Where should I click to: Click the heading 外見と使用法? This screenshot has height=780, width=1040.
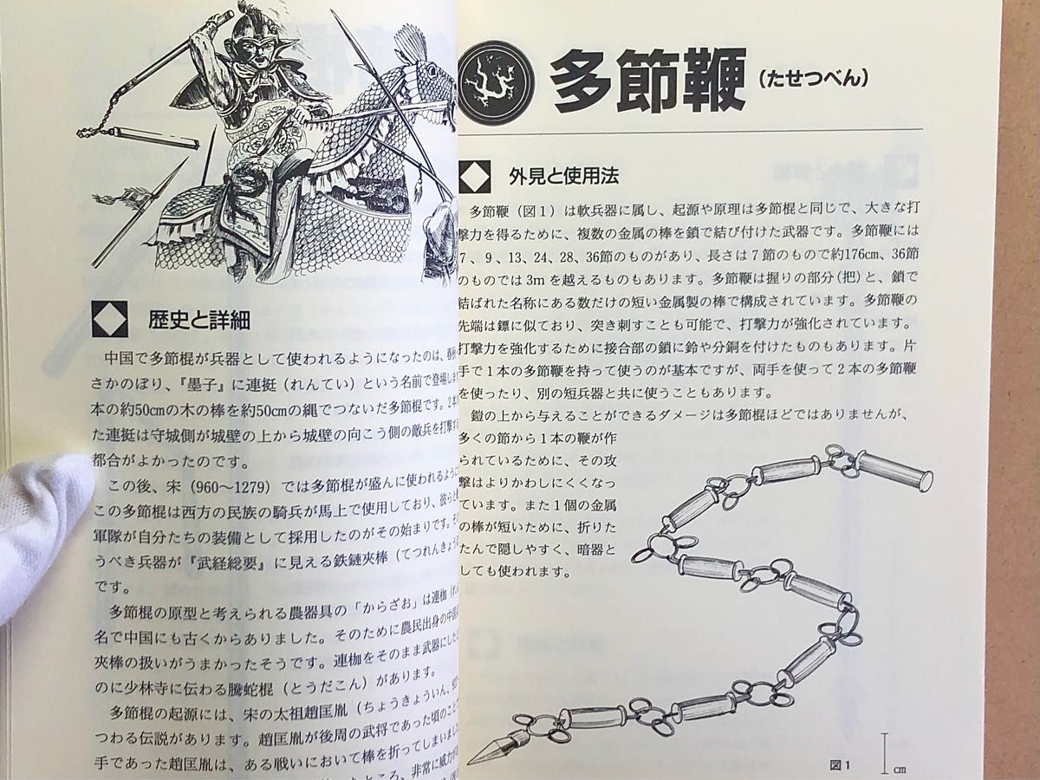point(563,176)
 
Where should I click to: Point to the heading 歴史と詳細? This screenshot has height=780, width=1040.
point(198,321)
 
